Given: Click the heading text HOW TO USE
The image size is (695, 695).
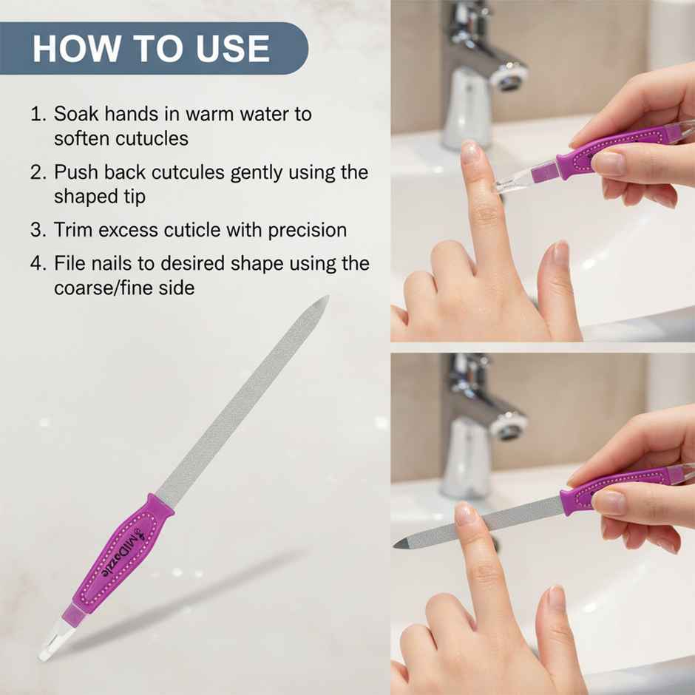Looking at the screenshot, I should coord(151,48).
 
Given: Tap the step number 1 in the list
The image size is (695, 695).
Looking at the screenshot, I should coord(37,115).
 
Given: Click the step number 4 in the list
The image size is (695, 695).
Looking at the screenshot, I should coord(38,263).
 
